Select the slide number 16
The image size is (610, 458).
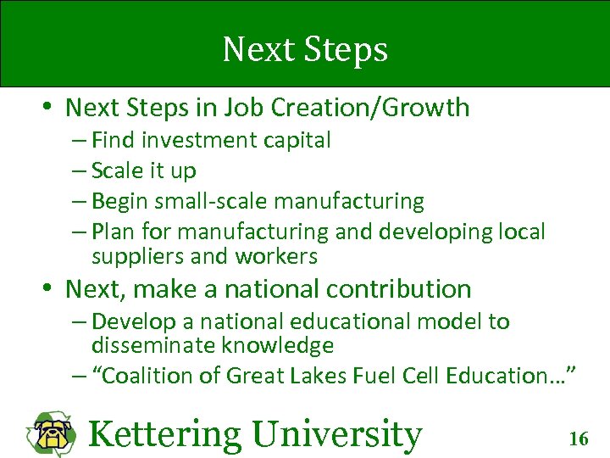[579, 438]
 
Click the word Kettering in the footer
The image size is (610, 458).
[164, 434]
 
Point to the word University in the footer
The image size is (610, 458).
[336, 434]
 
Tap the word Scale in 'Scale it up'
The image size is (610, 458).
[117, 170]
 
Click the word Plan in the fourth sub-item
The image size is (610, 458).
[114, 232]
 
